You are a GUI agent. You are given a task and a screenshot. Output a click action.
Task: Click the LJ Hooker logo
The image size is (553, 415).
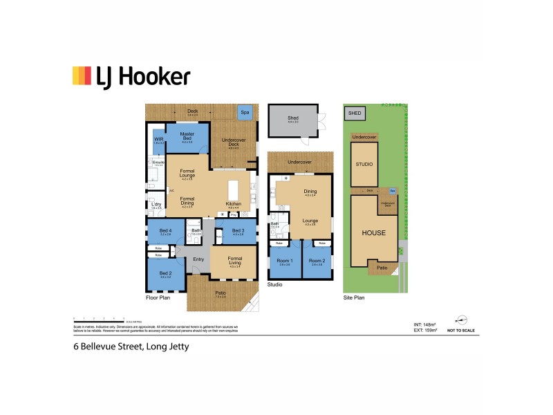131,76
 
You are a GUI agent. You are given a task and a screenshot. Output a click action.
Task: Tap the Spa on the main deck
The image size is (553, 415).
244,111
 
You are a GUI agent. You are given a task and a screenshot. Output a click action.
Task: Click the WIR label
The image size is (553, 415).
158,139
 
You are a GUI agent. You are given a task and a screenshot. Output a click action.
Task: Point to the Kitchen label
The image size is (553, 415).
233,203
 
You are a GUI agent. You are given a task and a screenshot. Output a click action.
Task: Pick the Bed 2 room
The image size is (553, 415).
165,274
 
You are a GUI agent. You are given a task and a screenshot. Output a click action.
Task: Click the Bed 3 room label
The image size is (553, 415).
238,231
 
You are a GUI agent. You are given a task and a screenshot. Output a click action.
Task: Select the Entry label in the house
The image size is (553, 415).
198,259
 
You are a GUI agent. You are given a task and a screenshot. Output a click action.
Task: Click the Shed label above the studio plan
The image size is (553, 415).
293,118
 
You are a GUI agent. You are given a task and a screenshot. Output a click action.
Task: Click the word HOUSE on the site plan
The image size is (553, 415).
373,232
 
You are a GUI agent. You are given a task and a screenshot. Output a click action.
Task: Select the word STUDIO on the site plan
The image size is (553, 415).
364,165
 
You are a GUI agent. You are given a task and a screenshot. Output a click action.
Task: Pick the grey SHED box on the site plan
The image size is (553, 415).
354,113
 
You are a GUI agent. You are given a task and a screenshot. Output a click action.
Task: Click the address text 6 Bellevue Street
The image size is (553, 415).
131,347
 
